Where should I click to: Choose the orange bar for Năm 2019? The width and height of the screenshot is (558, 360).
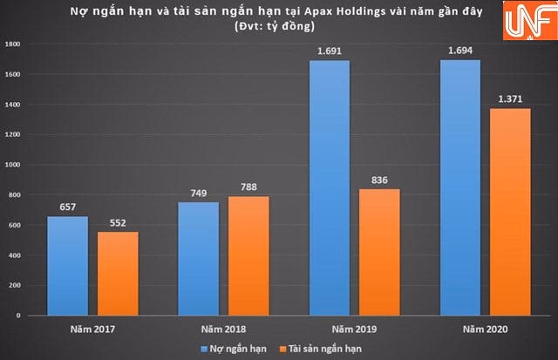point(378,252)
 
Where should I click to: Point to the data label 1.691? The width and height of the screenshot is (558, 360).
point(329,51)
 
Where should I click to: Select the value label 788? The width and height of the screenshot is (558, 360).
point(248,187)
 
